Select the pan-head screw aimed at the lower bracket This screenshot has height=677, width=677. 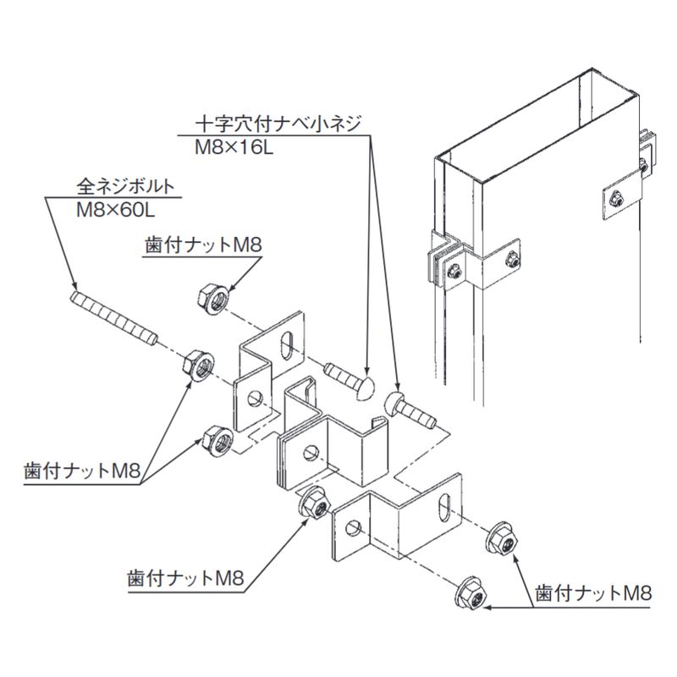[411, 410]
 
